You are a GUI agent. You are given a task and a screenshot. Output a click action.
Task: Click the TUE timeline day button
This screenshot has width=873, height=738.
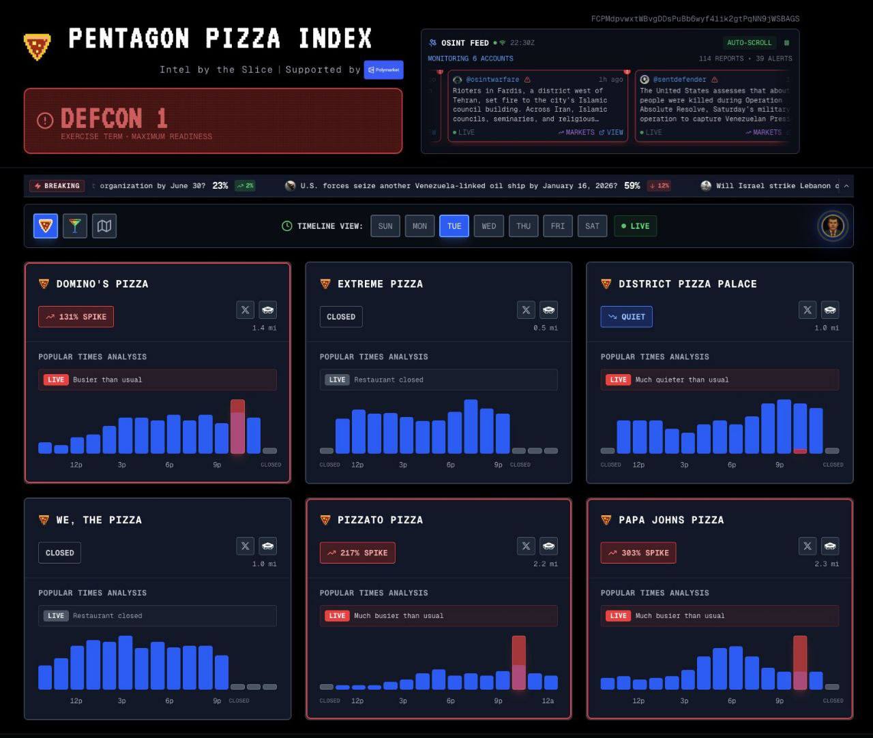454,226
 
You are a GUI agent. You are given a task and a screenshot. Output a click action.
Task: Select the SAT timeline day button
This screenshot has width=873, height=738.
592,226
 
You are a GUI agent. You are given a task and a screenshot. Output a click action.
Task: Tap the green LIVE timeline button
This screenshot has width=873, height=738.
635,226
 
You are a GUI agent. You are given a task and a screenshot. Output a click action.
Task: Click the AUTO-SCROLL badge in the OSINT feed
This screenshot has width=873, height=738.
749,43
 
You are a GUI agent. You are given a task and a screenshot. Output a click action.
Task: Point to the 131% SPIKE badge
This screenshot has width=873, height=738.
76,317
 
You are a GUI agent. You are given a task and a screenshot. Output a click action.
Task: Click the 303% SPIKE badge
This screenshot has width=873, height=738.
638,553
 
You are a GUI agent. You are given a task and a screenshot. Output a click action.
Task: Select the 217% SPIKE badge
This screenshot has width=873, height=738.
357,553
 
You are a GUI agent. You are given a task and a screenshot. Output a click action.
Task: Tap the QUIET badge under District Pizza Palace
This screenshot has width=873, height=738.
626,317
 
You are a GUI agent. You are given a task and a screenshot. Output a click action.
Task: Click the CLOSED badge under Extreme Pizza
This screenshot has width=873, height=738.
341,317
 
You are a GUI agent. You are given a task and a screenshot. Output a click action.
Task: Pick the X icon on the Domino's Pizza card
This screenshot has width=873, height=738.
246,310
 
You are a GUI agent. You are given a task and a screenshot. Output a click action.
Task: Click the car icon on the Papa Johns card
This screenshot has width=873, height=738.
830,546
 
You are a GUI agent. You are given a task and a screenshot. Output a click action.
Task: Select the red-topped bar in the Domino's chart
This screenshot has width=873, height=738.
237,427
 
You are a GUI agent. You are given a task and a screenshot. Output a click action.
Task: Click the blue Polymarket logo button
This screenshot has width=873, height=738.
383,70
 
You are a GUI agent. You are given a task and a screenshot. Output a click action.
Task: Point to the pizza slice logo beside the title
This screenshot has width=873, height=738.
37,46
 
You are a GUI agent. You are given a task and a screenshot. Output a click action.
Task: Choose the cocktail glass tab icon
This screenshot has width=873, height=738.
75,226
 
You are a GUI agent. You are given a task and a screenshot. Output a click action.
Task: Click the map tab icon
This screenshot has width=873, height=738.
104,226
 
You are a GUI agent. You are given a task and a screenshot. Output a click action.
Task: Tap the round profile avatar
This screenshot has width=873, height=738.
832,226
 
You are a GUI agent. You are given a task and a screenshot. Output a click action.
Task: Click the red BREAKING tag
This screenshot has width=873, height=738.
57,185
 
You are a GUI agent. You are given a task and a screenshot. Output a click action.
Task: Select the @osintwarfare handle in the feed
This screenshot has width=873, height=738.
492,80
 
